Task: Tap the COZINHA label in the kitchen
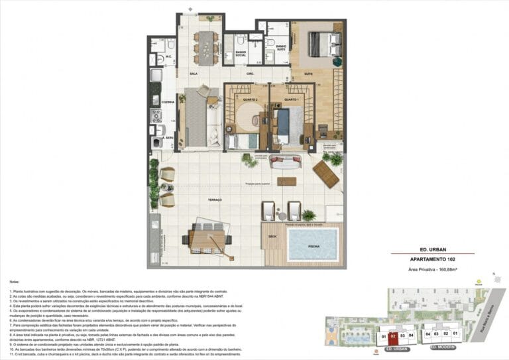168,102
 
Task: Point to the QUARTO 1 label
292,99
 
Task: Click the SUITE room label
308,74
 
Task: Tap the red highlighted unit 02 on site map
392,336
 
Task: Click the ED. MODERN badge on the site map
441,347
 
